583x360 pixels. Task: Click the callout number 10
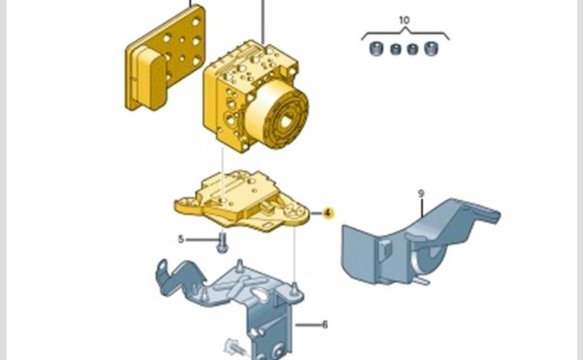(404, 21)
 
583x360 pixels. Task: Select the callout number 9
(421, 193)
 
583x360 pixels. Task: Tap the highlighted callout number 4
(328, 213)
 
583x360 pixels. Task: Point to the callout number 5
(181, 238)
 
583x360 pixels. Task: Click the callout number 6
(325, 325)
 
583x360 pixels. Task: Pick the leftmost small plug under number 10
(374, 50)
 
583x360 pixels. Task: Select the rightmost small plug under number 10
(431, 50)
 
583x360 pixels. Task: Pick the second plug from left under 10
(394, 50)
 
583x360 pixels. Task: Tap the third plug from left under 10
(412, 50)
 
